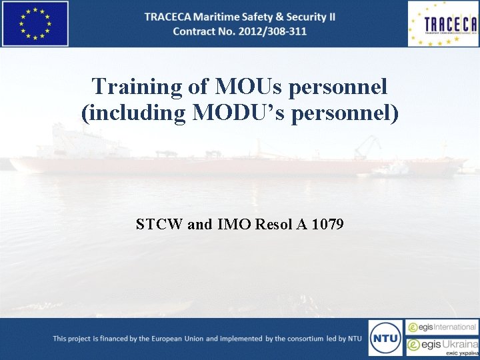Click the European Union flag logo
click(x=35, y=23)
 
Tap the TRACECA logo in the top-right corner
click(x=443, y=24)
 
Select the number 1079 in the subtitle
click(x=327, y=224)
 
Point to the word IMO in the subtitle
click(x=233, y=224)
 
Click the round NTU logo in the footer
click(x=385, y=337)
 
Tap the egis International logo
click(x=442, y=327)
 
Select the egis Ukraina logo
click(x=442, y=346)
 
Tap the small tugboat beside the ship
click(x=391, y=169)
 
